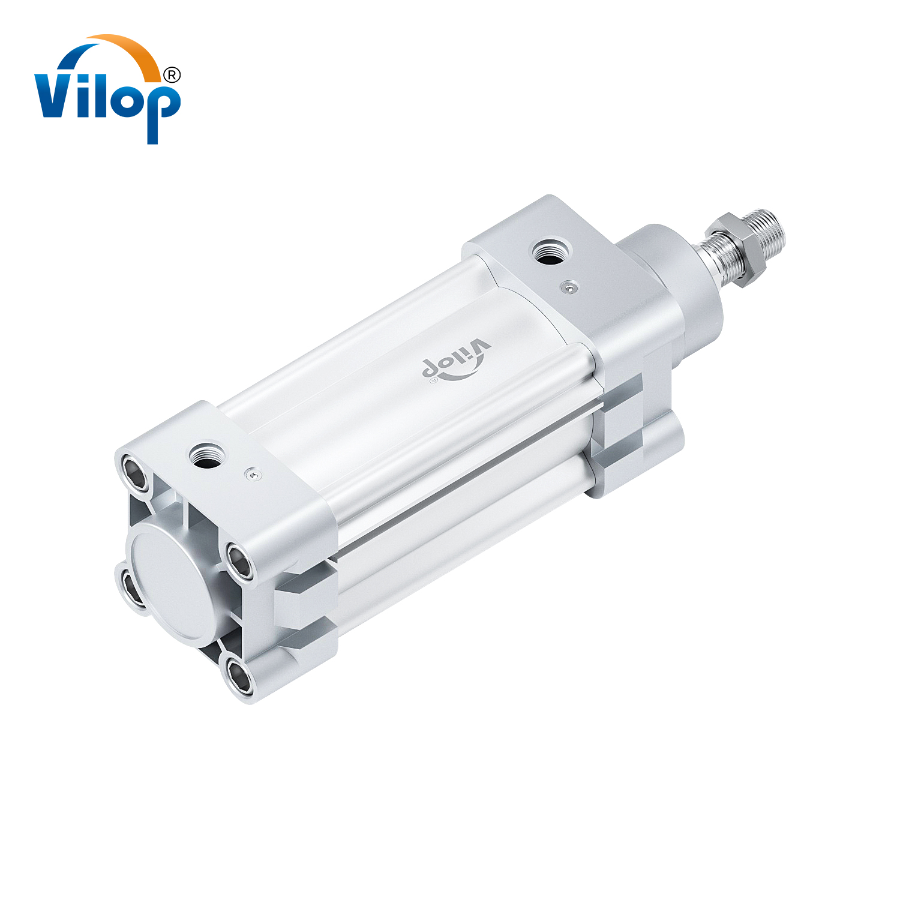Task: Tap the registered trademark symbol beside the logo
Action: [172, 75]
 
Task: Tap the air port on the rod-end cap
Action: [551, 251]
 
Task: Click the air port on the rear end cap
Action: [208, 456]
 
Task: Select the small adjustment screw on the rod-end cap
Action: [569, 288]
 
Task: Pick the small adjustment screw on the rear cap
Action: [254, 475]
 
